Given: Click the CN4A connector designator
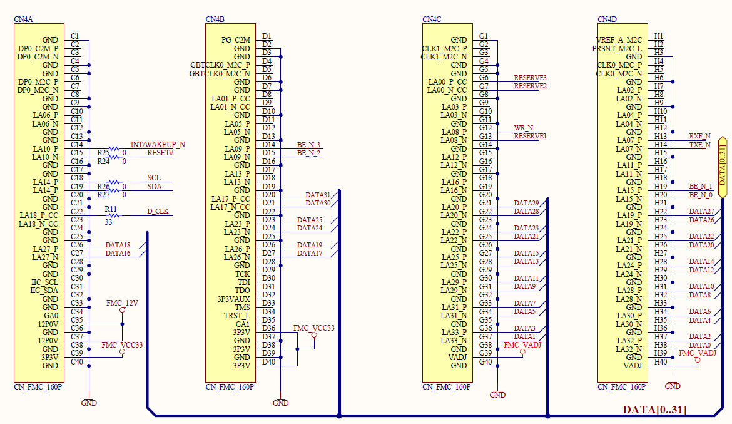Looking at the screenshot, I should (23, 19).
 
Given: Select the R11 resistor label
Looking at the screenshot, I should (111, 209).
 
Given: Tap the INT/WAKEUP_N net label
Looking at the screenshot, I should (157, 145).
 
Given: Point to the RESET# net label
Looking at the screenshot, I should (160, 153).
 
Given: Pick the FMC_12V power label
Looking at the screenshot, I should (121, 303).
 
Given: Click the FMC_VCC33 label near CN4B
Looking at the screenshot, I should (313, 328).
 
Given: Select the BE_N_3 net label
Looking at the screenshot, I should (308, 145).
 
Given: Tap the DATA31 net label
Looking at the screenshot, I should (318, 195).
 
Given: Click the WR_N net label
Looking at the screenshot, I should (524, 128).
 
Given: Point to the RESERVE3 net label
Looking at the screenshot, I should (530, 78).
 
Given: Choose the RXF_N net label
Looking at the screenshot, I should (699, 136).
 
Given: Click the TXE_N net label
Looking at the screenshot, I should (699, 145).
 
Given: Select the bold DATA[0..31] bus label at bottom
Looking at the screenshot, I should (654, 410).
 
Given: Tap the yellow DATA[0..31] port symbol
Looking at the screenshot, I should (722, 166).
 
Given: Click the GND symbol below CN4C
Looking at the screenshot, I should (497, 395).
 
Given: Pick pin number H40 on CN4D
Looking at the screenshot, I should (661, 362).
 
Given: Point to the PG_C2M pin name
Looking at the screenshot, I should (235, 40).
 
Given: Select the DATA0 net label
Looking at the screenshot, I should (700, 345).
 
